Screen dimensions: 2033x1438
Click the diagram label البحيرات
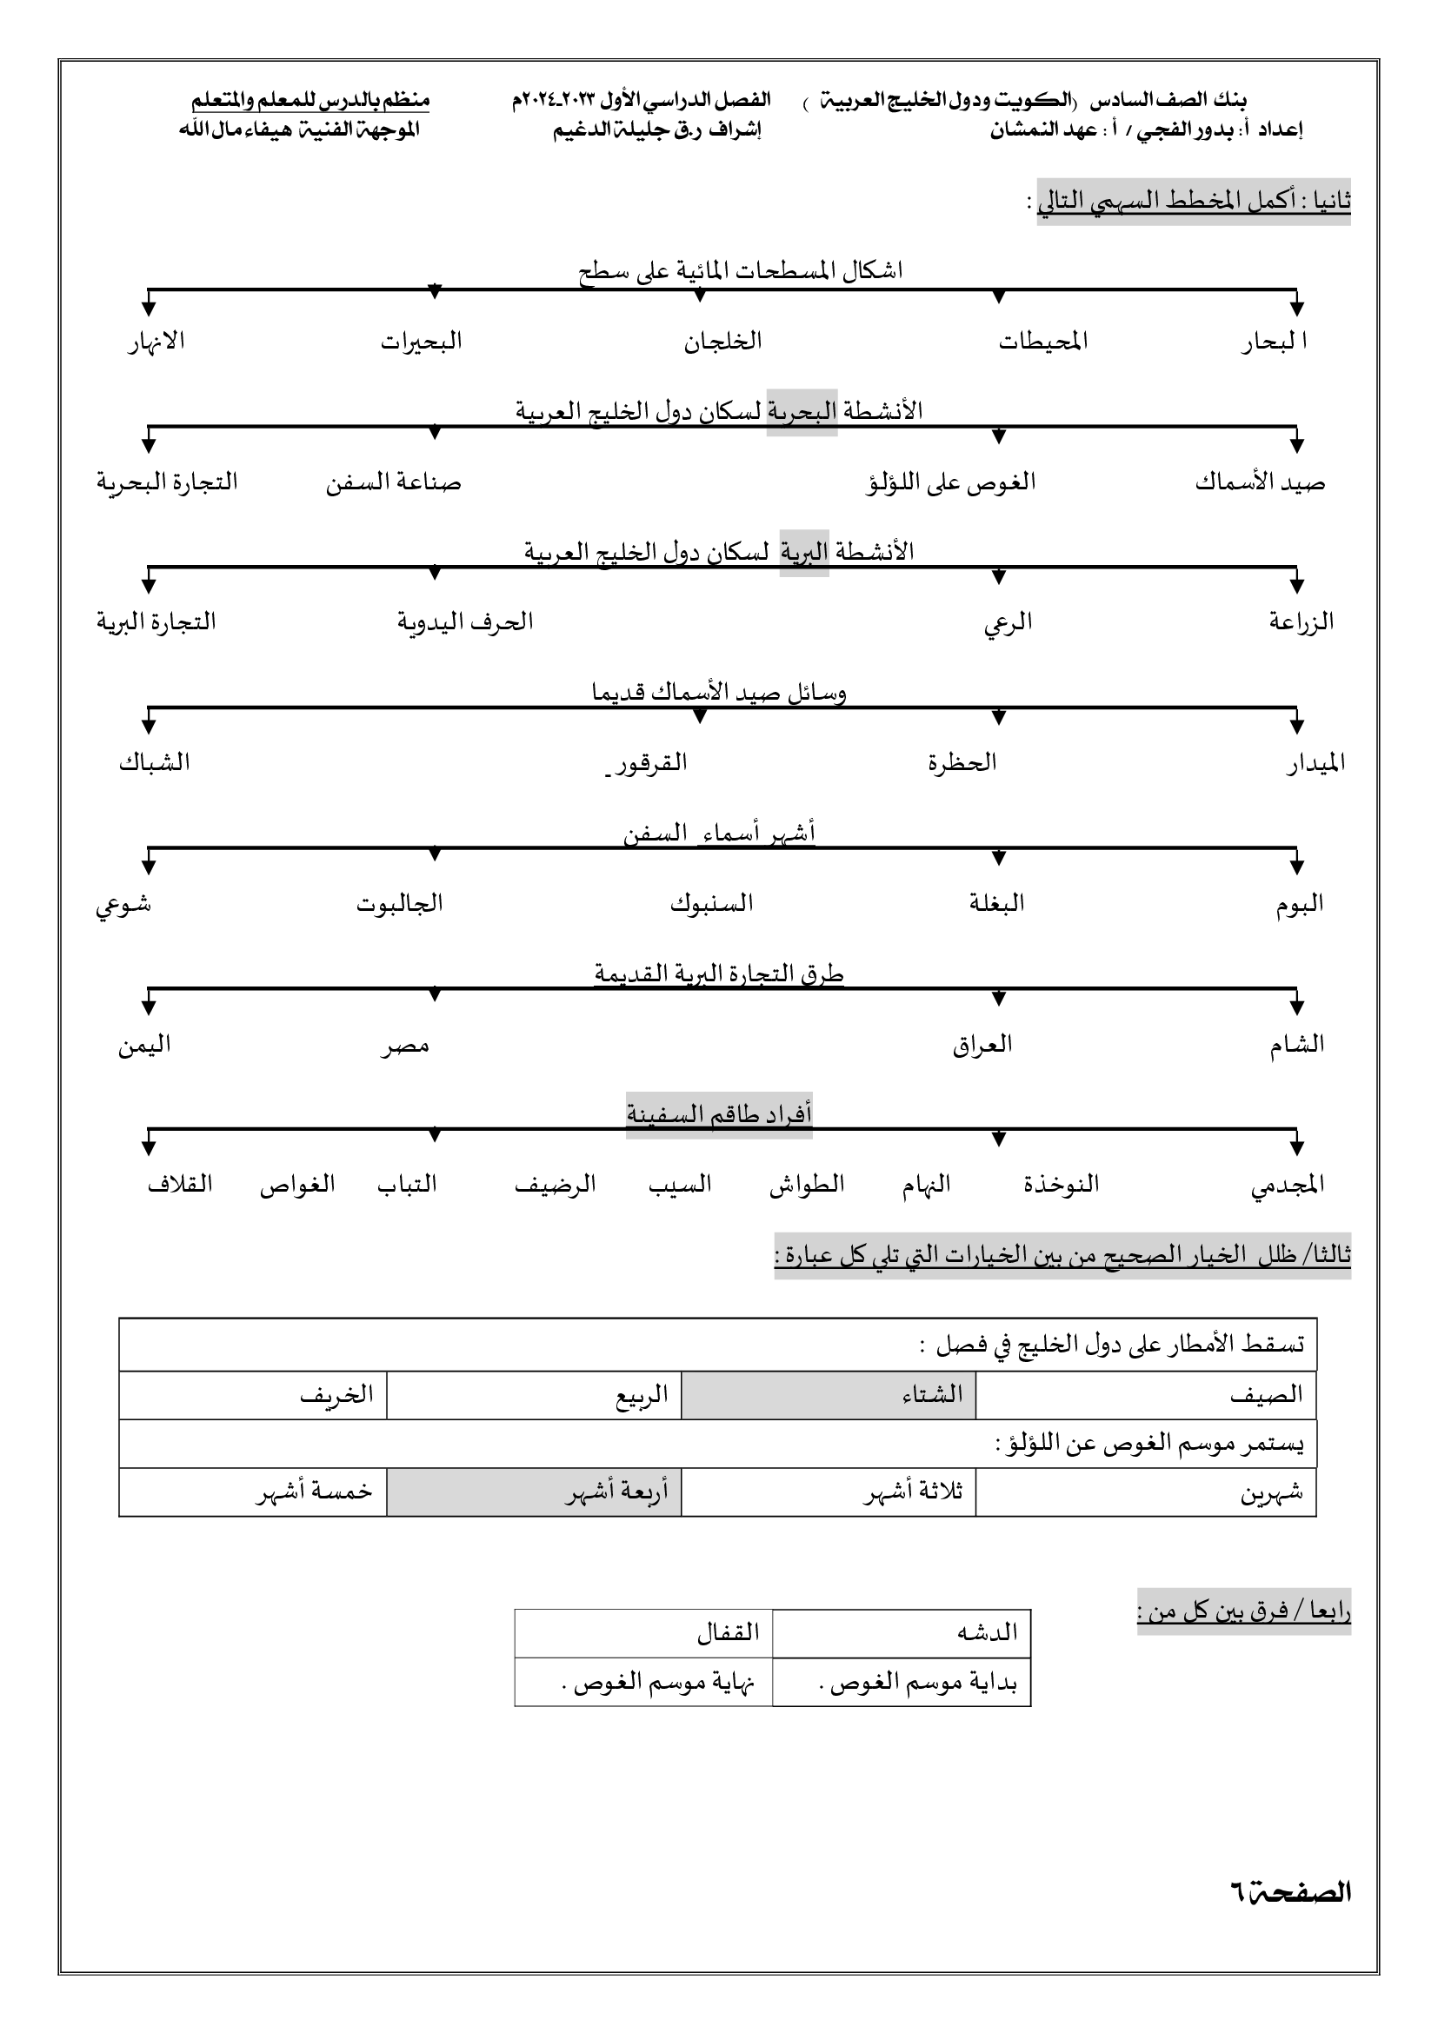pyautogui.click(x=422, y=342)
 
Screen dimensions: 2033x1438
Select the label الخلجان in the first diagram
pyautogui.click(x=722, y=342)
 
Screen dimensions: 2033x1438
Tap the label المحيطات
pyautogui.click(x=1043, y=342)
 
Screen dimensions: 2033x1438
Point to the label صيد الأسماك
pyautogui.click(x=1260, y=482)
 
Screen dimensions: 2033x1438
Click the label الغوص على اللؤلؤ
pyautogui.click(x=950, y=482)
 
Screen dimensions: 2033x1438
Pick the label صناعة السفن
pyautogui.click(x=393, y=482)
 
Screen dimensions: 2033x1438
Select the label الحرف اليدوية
pyautogui.click(x=465, y=621)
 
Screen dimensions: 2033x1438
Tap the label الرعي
pyautogui.click(x=1008, y=622)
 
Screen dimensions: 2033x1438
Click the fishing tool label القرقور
pyautogui.click(x=651, y=762)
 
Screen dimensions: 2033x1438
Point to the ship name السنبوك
pyautogui.click(x=711, y=903)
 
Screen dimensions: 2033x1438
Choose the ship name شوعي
pyautogui.click(x=124, y=904)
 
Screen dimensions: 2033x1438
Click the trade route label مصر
pyautogui.click(x=405, y=1046)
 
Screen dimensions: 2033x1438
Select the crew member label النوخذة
pyautogui.click(x=1061, y=1184)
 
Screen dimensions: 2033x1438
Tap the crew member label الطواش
pyautogui.click(x=807, y=1184)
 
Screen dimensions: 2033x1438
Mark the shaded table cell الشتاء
pyautogui.click(x=828, y=1394)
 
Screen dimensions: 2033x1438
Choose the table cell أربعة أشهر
pyautogui.click(x=534, y=1492)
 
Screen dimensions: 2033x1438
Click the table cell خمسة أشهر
pyautogui.click(x=315, y=1492)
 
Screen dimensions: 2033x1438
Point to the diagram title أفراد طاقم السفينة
pyautogui.click(x=719, y=1114)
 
